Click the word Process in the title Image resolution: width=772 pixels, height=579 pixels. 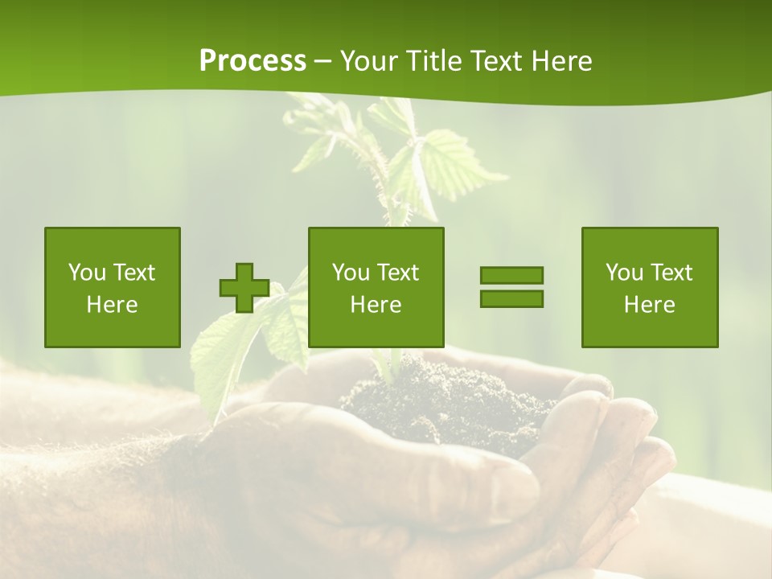pos(253,61)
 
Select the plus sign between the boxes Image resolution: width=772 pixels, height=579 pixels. pos(244,288)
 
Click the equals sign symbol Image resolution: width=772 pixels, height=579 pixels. pos(511,287)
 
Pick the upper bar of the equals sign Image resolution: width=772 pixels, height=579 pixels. pos(511,276)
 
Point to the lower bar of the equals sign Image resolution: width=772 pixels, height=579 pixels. pos(511,298)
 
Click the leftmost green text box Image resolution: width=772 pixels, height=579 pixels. pos(113,287)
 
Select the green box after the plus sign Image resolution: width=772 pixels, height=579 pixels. pos(376,287)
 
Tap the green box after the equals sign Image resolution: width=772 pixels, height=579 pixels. pos(650,287)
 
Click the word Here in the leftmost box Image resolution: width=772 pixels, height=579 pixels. pos(113,305)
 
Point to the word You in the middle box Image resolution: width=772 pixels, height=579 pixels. pos(351,273)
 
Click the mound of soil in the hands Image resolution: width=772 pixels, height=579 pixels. pos(450,398)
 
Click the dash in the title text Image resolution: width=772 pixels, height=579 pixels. pos(323,61)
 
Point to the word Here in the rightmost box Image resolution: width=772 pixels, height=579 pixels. pos(650,305)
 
